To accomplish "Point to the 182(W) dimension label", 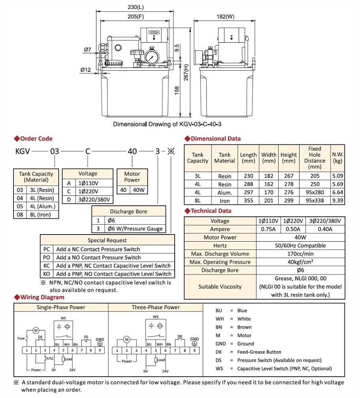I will click(225, 17).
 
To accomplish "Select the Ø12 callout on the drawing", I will click(86, 70).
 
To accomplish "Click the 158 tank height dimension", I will click(177, 90).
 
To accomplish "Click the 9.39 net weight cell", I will click(337, 201).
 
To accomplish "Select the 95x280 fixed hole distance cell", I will click(315, 193).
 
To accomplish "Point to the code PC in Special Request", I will click(47, 249).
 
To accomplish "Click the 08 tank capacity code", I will click(20, 215).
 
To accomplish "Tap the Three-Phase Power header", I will click(156, 307).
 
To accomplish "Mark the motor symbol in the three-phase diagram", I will click(127, 339).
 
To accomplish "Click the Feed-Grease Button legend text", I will click(259, 352).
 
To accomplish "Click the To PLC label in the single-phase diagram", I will click(49, 359).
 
